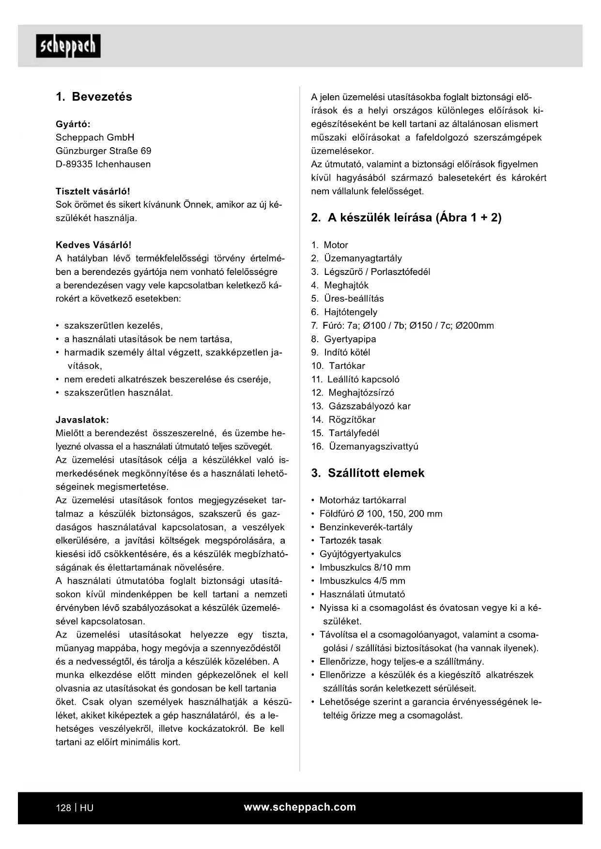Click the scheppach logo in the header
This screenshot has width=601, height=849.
point(68,46)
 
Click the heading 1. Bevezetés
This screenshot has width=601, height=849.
point(94,97)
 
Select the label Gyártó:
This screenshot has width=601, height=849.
point(73,124)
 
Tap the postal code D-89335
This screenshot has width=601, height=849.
point(74,164)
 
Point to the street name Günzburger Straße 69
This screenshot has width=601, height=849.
point(103,151)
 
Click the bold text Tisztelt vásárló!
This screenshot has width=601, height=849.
point(93,191)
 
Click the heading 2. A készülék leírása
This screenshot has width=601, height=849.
point(406,218)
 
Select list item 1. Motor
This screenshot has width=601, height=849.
point(329,245)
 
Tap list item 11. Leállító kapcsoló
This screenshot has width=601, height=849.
point(355,379)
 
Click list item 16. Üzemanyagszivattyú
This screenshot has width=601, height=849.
point(364,446)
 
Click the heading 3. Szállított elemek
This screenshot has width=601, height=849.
point(368,473)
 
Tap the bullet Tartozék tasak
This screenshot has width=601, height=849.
point(350,541)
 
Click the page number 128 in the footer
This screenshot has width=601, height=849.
point(63,808)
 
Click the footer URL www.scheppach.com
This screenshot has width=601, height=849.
point(300,807)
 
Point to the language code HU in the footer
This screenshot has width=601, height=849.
point(87,808)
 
